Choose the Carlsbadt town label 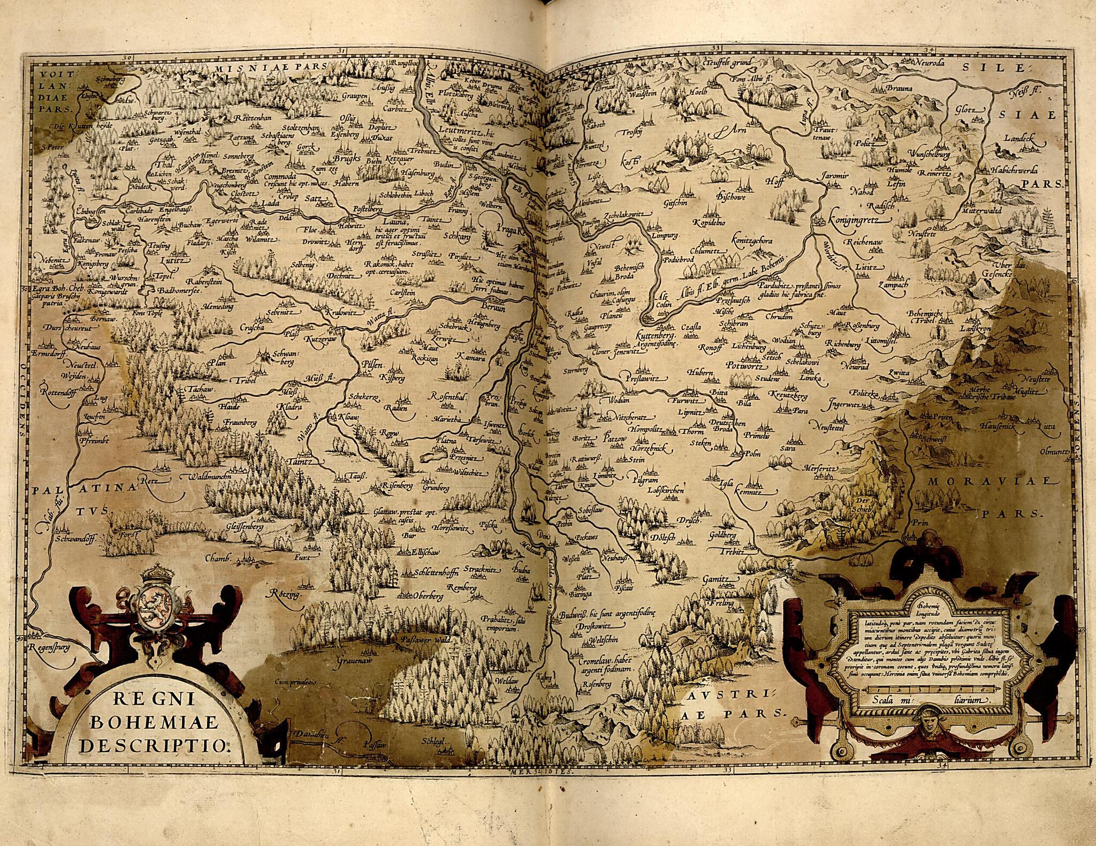pyautogui.click(x=138, y=210)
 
